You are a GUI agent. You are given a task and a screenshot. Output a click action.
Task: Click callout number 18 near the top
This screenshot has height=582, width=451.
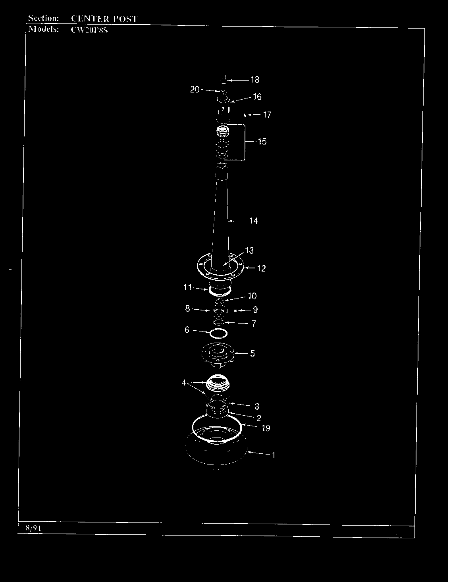[255, 80]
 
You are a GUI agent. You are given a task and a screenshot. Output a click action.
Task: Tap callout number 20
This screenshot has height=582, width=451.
[195, 89]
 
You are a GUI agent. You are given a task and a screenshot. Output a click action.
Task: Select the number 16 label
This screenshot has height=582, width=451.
[257, 97]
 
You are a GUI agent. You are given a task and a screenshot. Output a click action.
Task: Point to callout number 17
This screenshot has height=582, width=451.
[267, 115]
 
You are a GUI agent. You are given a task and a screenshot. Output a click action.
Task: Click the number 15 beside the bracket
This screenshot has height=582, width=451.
[262, 141]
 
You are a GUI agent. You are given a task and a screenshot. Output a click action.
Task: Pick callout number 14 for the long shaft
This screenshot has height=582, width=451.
[253, 221]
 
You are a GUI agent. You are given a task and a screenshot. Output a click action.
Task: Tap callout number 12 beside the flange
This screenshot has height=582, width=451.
[261, 268]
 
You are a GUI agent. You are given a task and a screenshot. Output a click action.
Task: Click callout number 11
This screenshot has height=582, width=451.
[187, 287]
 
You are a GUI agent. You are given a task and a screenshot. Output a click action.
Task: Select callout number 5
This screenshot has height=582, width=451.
[252, 354]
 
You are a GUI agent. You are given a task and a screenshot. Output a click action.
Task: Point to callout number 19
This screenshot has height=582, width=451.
[266, 428]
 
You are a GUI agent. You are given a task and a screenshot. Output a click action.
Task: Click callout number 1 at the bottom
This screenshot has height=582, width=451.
[274, 455]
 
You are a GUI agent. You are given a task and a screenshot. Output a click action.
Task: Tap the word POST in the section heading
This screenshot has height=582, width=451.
[125, 19]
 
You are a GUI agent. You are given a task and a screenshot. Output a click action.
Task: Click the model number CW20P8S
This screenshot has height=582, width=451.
[89, 30]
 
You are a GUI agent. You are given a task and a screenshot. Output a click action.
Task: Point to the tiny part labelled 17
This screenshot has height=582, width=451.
[245, 115]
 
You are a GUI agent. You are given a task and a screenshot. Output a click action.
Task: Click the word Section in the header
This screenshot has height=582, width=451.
[43, 18]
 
